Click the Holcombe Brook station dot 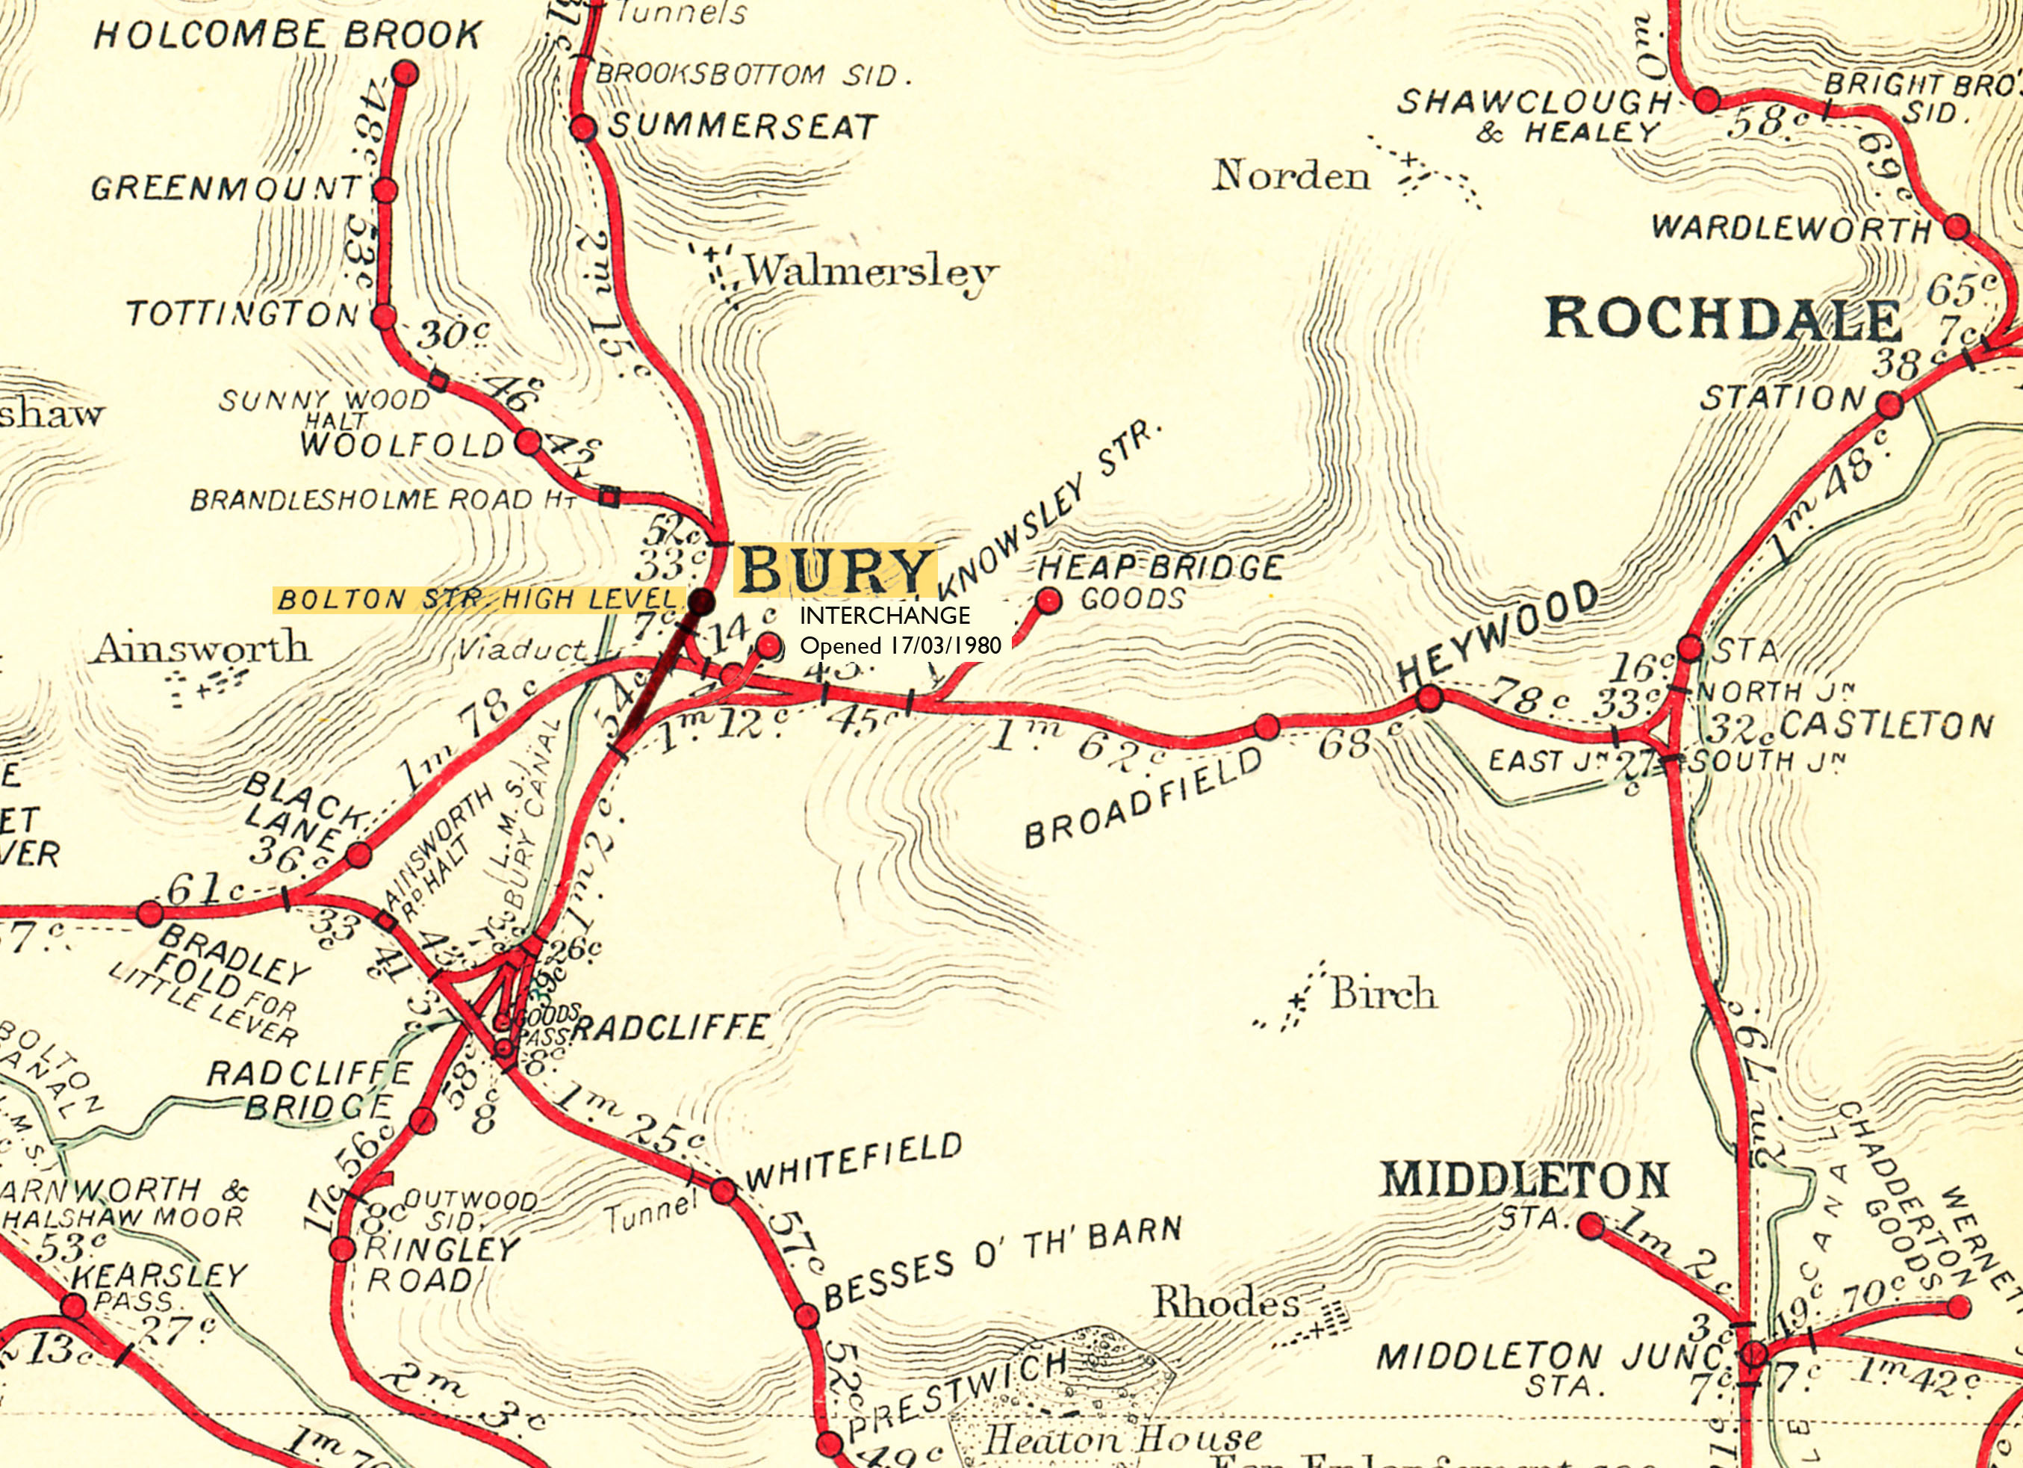(x=405, y=73)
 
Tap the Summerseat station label (x=743, y=127)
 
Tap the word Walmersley (x=870, y=270)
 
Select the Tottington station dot (x=384, y=317)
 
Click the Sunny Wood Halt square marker (x=438, y=381)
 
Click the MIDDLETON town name (x=1523, y=1180)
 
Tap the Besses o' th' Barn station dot (x=807, y=1316)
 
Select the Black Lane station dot (x=358, y=854)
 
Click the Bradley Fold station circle (x=150, y=914)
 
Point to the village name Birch (x=1384, y=994)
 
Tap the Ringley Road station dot (x=341, y=1248)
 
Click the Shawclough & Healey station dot (x=1706, y=100)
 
